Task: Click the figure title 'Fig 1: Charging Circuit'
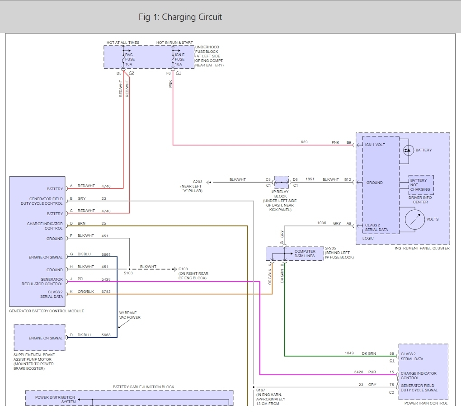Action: coord(180,17)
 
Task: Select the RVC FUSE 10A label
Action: coord(130,59)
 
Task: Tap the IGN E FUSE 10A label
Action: coord(179,59)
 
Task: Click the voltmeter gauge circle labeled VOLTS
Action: coord(414,219)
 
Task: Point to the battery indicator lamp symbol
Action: coord(409,150)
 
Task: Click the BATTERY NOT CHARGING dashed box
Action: coord(421,185)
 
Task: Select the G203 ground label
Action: coord(197,182)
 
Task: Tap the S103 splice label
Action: coord(128,273)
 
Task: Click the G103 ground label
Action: coord(183,269)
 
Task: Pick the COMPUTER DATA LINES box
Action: coord(295,254)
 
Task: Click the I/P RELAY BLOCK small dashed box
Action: coord(282,182)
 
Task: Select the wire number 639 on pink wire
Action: coord(304,142)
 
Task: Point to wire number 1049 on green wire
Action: coord(349,353)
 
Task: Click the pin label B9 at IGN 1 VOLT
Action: coord(349,142)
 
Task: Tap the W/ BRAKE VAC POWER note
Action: coord(130,315)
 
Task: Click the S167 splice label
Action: coord(260,390)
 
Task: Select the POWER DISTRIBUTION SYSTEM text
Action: coord(55,400)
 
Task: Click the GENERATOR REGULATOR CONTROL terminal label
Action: coord(42,282)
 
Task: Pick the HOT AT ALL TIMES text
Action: coord(123,42)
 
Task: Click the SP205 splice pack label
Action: coord(330,248)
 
